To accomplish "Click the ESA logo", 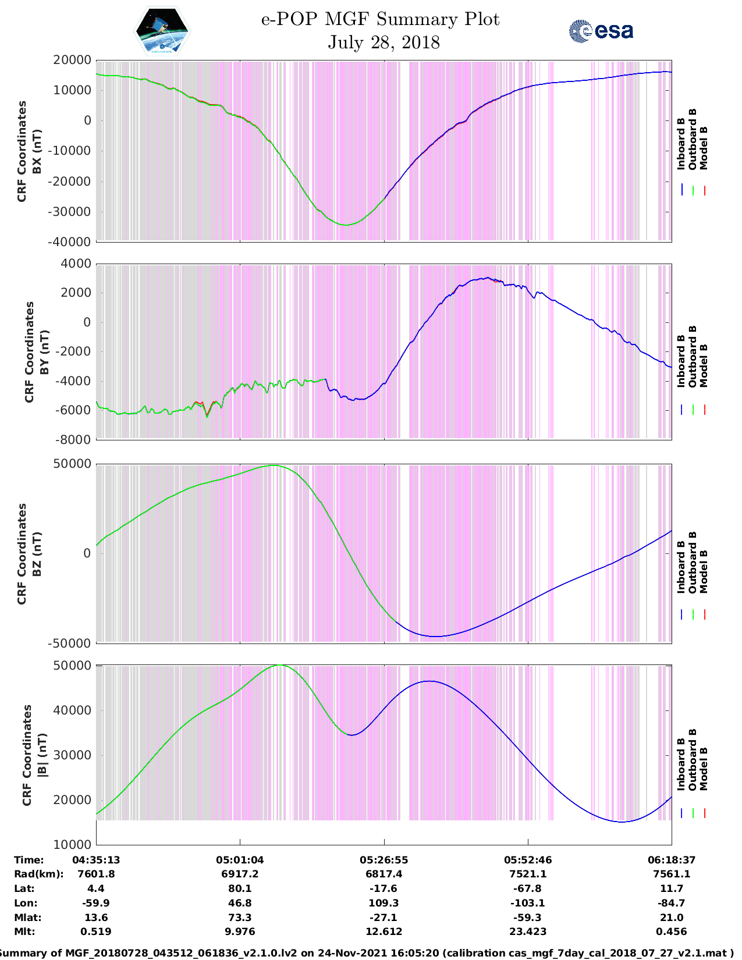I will point(601,31).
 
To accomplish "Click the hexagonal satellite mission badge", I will point(162,31).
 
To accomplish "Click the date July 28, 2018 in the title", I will point(384,42).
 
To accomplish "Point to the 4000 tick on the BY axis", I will point(76,264).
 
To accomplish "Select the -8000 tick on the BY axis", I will point(73,440).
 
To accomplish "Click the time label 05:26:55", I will point(384,859).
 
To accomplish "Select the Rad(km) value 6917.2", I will point(240,874).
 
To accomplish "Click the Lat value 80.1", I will point(240,888).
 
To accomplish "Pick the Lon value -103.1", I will point(528,903).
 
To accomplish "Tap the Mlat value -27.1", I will point(384,918).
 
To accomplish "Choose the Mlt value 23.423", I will point(528,931).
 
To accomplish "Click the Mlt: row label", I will point(24,931).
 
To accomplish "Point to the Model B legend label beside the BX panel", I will point(704,148).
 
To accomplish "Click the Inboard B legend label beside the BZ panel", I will point(681,567).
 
